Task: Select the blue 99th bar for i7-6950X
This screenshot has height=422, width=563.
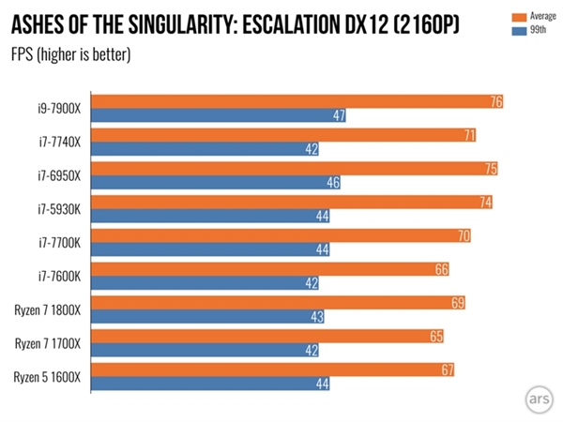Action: [x=216, y=183]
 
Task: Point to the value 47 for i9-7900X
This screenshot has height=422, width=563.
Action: [x=341, y=116]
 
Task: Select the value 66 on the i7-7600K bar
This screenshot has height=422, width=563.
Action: [x=442, y=270]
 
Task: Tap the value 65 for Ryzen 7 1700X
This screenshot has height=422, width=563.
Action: [x=436, y=337]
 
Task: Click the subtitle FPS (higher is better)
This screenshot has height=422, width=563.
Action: [x=70, y=53]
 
